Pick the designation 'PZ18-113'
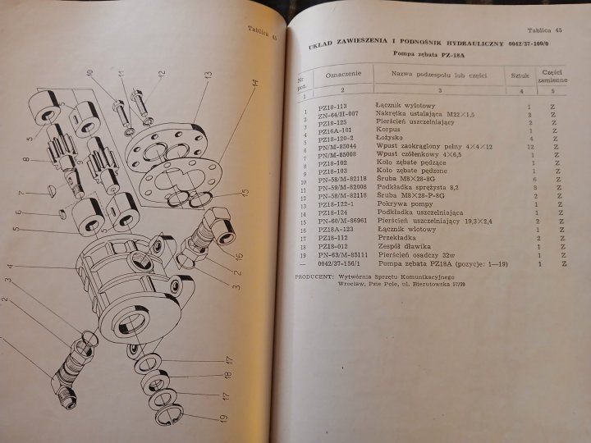[x=332, y=106]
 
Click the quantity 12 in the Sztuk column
[x=529, y=146]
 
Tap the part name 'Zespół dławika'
[x=400, y=246]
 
